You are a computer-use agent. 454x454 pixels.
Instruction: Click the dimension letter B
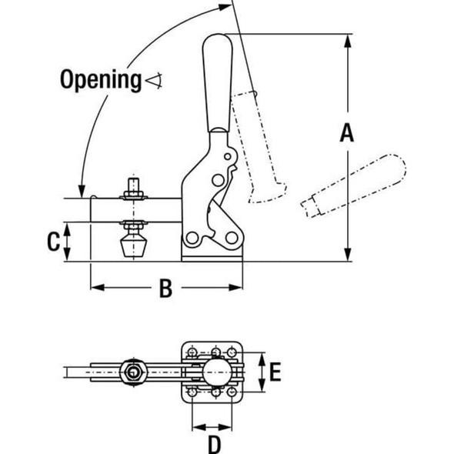point(164,289)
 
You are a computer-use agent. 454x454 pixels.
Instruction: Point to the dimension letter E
point(275,373)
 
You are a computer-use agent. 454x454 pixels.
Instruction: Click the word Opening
point(100,78)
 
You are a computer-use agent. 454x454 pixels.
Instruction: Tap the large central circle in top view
point(216,373)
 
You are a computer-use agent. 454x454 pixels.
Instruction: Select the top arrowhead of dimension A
point(349,38)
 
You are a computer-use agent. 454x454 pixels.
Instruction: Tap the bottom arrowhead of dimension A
point(349,256)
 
